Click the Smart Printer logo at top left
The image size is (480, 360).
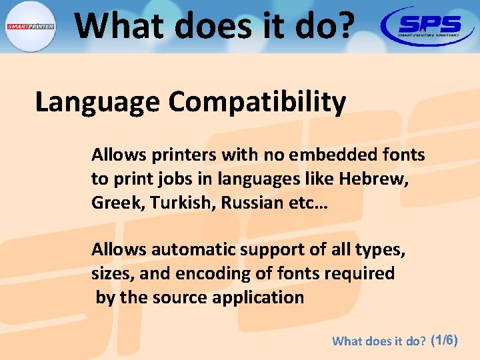(30, 27)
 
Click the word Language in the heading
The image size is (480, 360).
(97, 103)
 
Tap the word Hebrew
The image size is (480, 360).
(373, 179)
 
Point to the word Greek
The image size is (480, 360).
(111, 203)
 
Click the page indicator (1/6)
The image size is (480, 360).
(445, 340)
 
